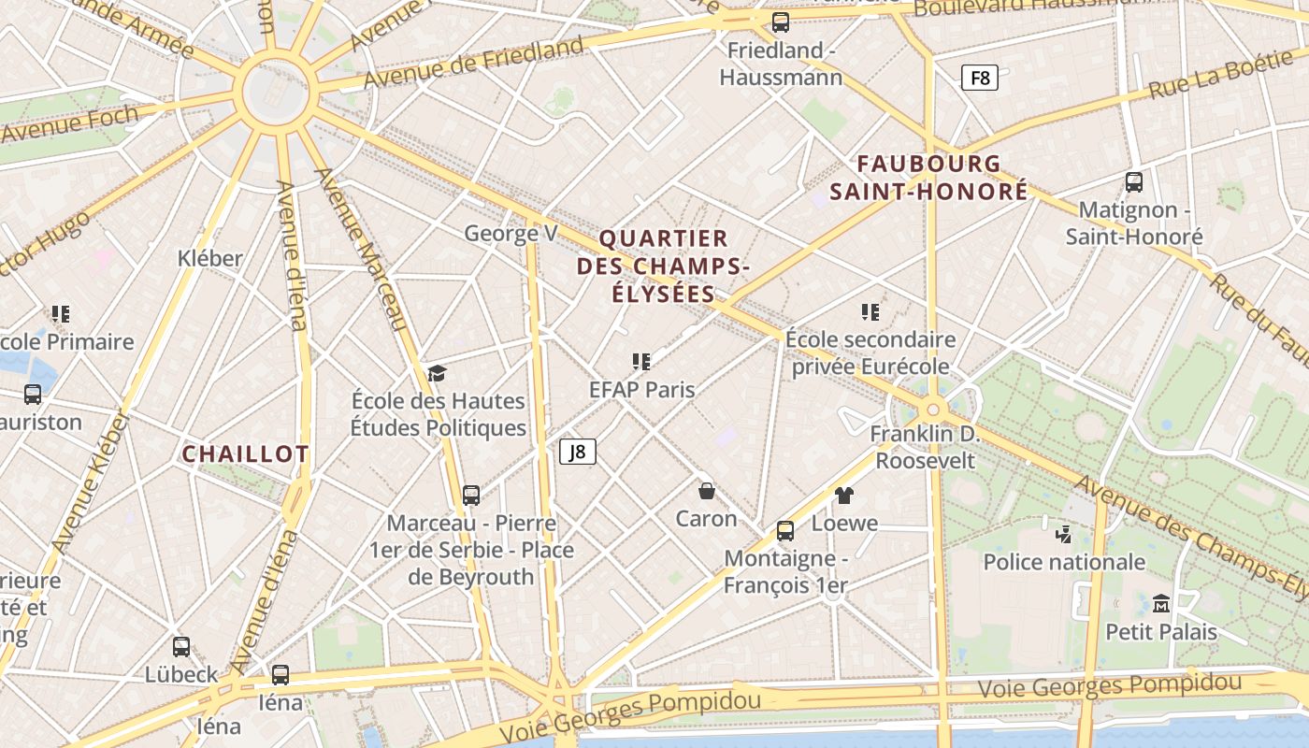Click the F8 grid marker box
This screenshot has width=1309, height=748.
pyautogui.click(x=980, y=78)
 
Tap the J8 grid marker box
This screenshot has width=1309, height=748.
pyautogui.click(x=578, y=452)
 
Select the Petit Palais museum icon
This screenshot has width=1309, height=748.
pyautogui.click(x=1161, y=604)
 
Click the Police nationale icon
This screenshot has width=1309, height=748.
pyautogui.click(x=1063, y=535)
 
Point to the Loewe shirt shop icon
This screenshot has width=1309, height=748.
pyautogui.click(x=844, y=495)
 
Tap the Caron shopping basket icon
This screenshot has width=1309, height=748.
pyautogui.click(x=707, y=490)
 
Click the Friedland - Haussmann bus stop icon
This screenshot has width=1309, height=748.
pyautogui.click(x=781, y=22)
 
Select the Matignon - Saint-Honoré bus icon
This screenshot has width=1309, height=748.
pyautogui.click(x=1134, y=182)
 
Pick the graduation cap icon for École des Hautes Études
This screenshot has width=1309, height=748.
pyautogui.click(x=438, y=374)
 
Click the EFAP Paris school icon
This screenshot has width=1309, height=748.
pyautogui.click(x=641, y=361)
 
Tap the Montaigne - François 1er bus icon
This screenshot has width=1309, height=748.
pyautogui.click(x=785, y=531)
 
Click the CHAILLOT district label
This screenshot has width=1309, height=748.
pyautogui.click(x=245, y=454)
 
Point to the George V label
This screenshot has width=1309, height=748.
pyautogui.click(x=511, y=233)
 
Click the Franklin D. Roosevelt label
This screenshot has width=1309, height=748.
pyautogui.click(x=926, y=447)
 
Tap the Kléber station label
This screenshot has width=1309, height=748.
pyautogui.click(x=210, y=258)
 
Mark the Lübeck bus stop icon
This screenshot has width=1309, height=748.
pyautogui.click(x=181, y=646)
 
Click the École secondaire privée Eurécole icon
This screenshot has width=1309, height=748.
pyautogui.click(x=870, y=311)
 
